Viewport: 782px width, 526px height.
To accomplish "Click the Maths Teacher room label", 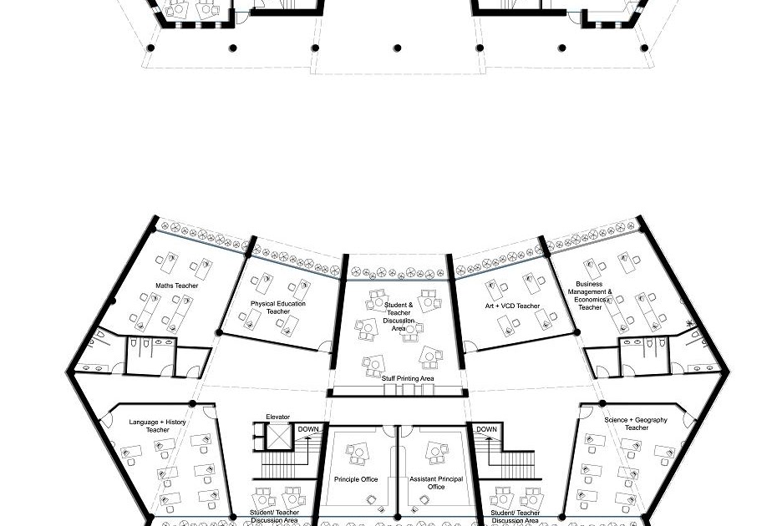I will point(176,286).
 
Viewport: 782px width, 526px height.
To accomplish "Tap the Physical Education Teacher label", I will point(278,307).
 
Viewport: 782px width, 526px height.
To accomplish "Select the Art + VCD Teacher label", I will point(512,306).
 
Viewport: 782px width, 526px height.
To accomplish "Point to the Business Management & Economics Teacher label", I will point(590,296).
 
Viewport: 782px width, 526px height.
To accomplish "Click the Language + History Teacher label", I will point(158,426).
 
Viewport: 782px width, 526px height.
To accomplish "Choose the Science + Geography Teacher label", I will point(636,423).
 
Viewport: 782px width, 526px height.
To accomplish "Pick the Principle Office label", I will point(356,479).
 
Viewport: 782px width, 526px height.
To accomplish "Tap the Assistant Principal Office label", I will point(436,483).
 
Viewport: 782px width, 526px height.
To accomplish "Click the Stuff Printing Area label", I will point(408,379).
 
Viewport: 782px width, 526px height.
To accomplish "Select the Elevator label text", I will point(278,417).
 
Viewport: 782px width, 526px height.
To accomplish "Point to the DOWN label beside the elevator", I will point(308,429).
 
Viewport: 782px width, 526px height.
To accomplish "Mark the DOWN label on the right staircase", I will point(487,429).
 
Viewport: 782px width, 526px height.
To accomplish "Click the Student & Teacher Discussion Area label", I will point(399,316).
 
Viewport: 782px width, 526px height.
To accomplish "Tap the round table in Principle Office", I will point(358,453).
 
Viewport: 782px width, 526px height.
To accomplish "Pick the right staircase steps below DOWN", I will point(510,463).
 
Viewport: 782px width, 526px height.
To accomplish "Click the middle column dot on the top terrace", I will point(398,48).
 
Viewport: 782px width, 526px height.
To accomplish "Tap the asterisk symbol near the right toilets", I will point(690,323).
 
